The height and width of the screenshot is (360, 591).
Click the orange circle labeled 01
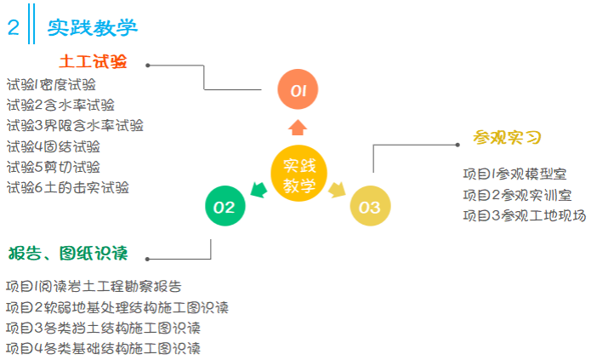click(x=298, y=89)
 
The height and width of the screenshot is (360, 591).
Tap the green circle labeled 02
click(x=225, y=206)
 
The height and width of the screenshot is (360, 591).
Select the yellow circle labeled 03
click(x=370, y=206)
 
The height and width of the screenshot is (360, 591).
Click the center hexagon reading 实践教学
click(x=298, y=174)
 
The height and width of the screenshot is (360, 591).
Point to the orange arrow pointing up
click(x=298, y=128)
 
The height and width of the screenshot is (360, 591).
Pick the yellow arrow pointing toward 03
click(x=338, y=190)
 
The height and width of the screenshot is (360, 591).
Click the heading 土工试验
click(x=93, y=62)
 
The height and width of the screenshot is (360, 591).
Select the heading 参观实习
click(x=508, y=138)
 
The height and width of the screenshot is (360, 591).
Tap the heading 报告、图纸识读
click(x=67, y=254)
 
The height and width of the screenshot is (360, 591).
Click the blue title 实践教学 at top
click(x=93, y=27)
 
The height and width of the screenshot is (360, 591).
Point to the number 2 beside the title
click(x=14, y=27)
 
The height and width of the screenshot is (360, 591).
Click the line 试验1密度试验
click(x=51, y=84)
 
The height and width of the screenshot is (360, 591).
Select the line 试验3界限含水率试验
click(x=75, y=125)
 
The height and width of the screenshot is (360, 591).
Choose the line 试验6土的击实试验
click(x=68, y=187)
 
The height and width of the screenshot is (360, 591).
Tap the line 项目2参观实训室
click(x=517, y=195)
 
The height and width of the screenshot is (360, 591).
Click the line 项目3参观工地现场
click(x=525, y=215)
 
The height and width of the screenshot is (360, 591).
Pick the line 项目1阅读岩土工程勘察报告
click(x=94, y=286)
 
